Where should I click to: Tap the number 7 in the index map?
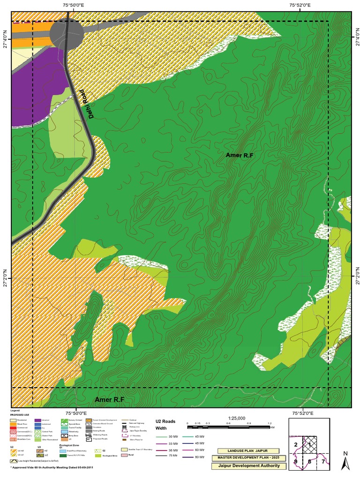(323, 462)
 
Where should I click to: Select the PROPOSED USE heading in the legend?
(20, 415)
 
